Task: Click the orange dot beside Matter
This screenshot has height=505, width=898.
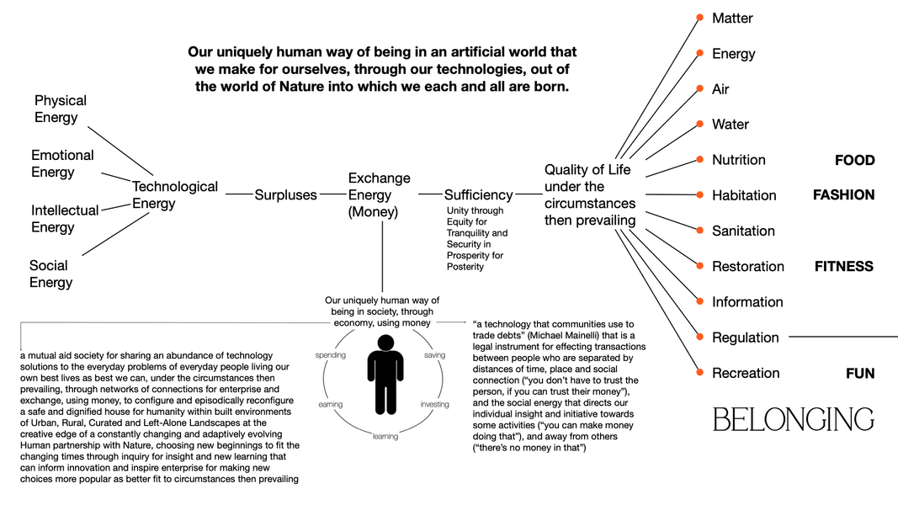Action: pos(699,18)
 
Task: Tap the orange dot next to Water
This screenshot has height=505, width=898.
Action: pos(699,125)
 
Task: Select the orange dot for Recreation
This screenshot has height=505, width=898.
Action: pos(699,373)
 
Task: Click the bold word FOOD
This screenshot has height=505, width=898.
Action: pos(854,160)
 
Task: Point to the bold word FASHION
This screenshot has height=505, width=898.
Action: pos(843,195)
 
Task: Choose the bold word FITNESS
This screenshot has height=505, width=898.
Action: pos(843,267)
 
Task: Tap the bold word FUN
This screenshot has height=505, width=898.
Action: pos(860,374)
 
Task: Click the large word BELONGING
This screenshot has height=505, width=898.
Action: pos(793,419)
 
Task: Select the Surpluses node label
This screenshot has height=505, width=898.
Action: pos(286,195)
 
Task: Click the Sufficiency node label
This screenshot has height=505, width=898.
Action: pos(478,195)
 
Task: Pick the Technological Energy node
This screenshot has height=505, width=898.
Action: pos(175,195)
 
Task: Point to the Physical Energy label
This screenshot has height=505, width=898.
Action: pos(61,109)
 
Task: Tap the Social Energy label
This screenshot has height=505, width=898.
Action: pos(50,274)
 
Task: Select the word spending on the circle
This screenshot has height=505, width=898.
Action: pos(331,355)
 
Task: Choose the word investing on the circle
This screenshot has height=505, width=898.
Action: pos(435,405)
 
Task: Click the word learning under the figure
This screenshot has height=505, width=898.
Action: pos(385,436)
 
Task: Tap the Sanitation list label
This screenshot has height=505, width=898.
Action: pos(743,231)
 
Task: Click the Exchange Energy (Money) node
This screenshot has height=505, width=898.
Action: pos(379,195)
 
